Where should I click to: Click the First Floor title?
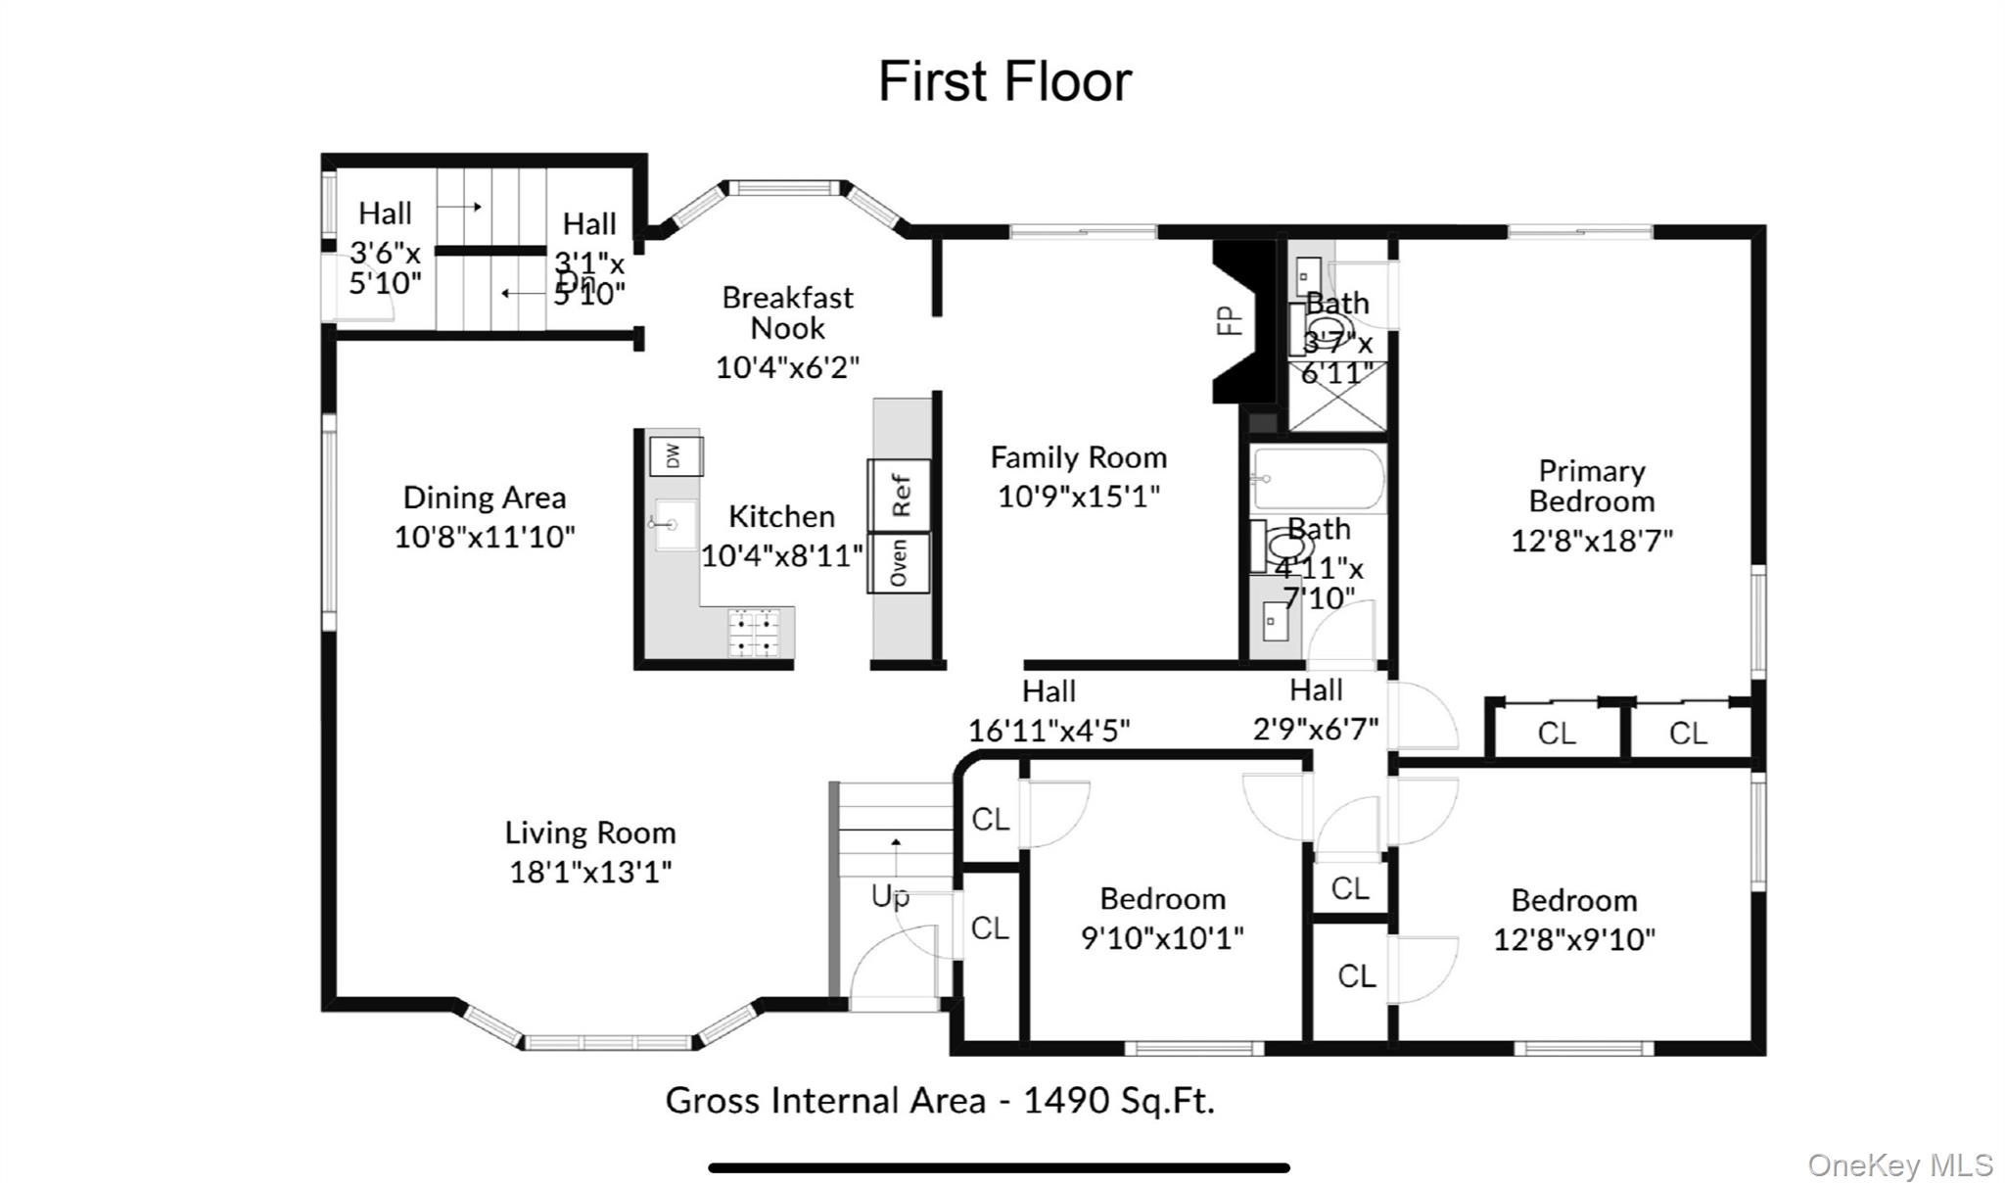pos(1004,81)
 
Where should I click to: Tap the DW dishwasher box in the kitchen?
pos(675,456)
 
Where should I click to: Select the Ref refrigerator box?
pos(900,495)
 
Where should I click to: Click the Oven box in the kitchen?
pos(899,562)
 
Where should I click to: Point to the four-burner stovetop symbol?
pos(754,633)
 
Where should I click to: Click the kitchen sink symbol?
pos(675,524)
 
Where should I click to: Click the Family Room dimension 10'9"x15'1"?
pos(1078,497)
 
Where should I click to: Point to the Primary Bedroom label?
pos(1591,486)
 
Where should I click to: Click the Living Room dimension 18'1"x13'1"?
pos(590,872)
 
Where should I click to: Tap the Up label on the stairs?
pos(889,896)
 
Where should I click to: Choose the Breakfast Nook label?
pos(787,312)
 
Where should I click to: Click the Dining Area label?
pos(485,498)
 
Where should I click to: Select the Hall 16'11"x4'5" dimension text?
pos(1049,730)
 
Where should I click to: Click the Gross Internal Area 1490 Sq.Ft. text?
pos(940,1101)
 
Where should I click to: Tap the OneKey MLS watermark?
pos(1899,1164)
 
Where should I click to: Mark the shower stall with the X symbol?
pos(1336,396)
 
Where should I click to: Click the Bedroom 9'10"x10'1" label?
pos(1162,899)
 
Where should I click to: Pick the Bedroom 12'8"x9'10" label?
pos(1573,901)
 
